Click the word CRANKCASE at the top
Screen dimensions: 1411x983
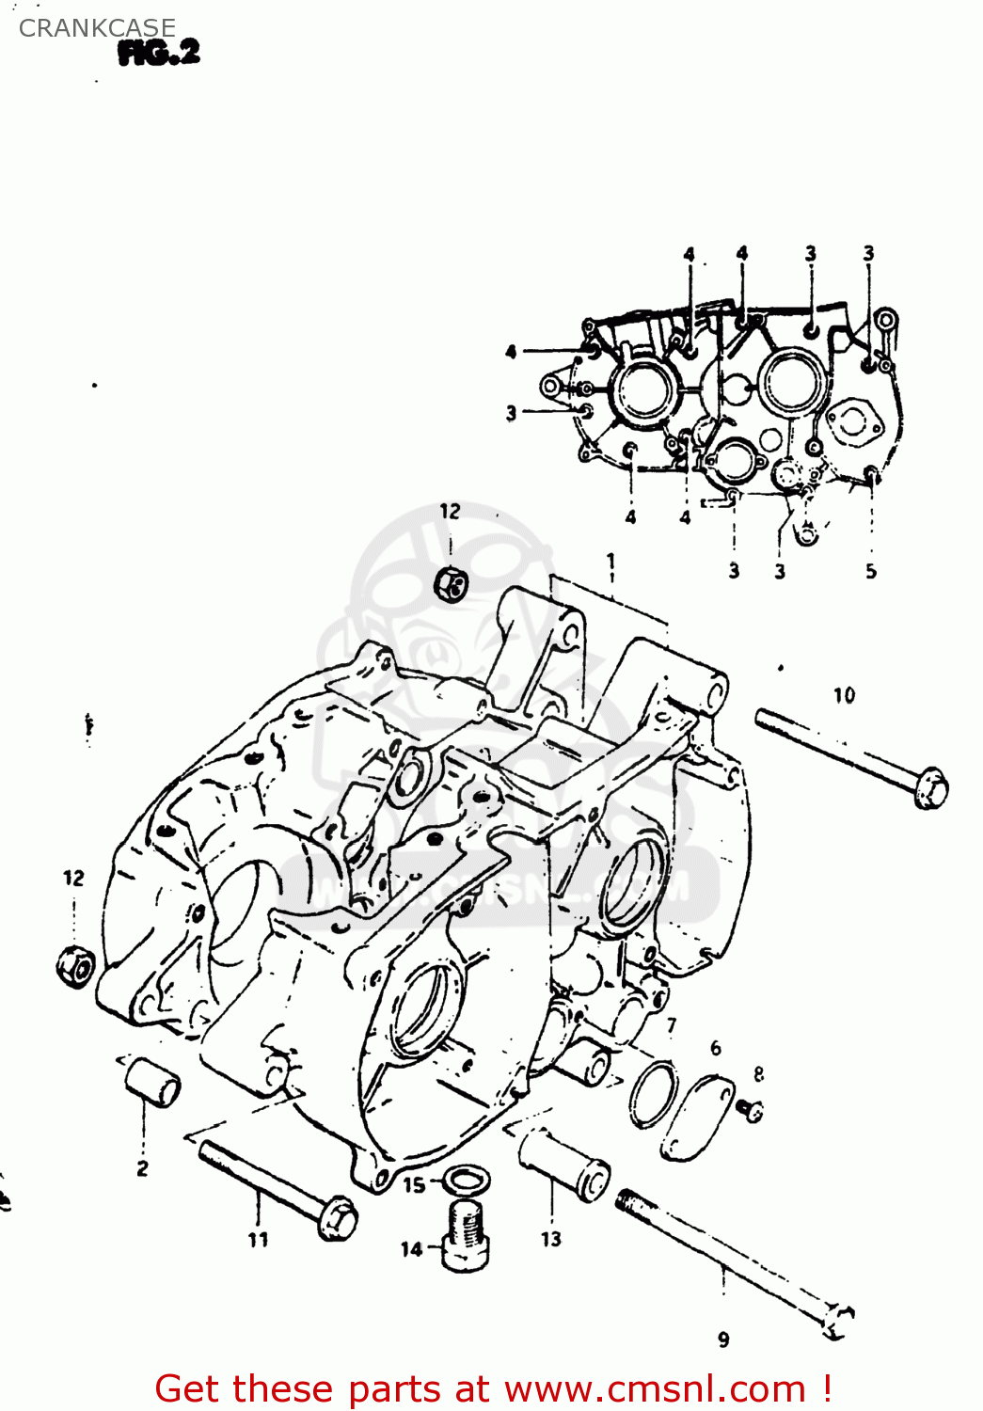97,28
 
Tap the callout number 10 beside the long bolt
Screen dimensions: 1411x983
844,695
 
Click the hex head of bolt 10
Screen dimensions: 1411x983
931,786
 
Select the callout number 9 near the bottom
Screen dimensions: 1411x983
722,1340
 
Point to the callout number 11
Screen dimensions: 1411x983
258,1240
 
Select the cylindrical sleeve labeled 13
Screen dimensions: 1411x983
564,1165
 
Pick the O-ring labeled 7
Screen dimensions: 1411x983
654,1094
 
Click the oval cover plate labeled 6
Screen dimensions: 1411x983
697,1118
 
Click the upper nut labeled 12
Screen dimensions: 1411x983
452,584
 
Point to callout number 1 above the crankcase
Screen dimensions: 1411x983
611,563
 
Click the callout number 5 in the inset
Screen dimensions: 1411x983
870,571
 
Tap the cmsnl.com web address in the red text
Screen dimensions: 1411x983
655,1389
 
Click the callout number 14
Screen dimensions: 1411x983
411,1249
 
